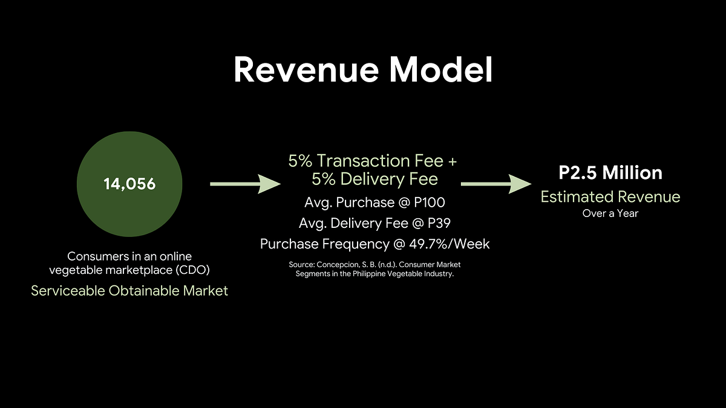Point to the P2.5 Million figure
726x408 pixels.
pos(610,173)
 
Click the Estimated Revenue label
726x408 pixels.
pos(610,197)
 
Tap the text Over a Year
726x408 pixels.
pos(610,213)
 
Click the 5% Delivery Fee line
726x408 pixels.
pos(374,180)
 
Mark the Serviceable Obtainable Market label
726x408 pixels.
pos(129,291)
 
